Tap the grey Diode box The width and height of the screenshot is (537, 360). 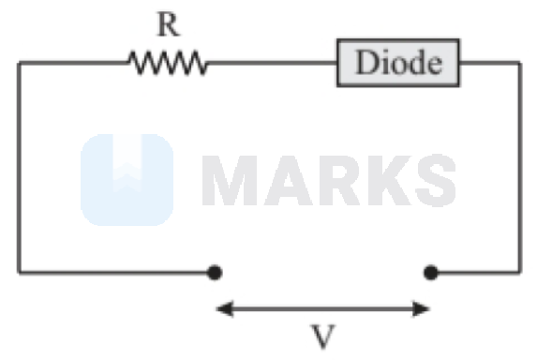click(398, 63)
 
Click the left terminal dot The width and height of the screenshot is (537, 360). click(215, 273)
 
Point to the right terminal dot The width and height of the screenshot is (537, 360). click(430, 273)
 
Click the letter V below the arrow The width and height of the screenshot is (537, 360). click(322, 336)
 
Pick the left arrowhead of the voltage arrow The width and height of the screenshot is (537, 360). click(222, 307)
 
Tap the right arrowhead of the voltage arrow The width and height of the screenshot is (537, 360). click(424, 307)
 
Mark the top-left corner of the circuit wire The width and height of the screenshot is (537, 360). click(19, 64)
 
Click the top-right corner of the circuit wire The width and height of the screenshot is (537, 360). click(519, 64)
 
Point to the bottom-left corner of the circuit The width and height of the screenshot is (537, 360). click(19, 273)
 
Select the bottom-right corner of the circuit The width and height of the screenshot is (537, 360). click(519, 273)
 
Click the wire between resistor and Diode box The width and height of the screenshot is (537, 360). click(272, 64)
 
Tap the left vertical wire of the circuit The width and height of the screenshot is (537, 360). click(19, 169)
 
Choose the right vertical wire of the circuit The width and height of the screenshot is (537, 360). click(519, 169)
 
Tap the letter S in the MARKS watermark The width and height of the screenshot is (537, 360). click(432, 180)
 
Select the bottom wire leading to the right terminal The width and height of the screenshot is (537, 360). click(475, 273)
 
